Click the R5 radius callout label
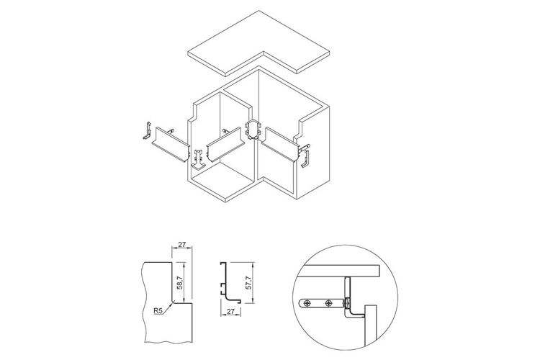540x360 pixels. [x=158, y=311]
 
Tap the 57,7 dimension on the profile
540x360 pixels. [x=249, y=282]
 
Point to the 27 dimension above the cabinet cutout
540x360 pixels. [x=182, y=244]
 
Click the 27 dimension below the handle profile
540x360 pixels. [x=230, y=311]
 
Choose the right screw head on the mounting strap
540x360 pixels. [x=329, y=304]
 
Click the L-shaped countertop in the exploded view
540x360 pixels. [x=259, y=43]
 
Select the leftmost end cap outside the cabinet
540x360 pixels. [x=148, y=131]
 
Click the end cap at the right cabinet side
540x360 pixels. [x=305, y=158]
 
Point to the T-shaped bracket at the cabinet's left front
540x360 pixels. [x=198, y=160]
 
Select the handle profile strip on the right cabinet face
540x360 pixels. [x=279, y=144]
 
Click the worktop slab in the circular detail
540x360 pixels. [x=339, y=271]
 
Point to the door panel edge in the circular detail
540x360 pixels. [x=371, y=325]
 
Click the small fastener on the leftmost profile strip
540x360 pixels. [x=170, y=130]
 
